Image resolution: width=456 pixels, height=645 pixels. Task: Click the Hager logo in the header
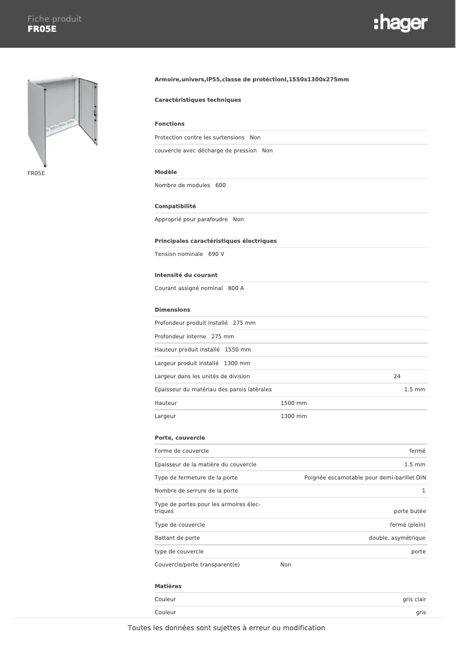click(401, 23)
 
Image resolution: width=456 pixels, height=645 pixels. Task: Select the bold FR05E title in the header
click(42, 29)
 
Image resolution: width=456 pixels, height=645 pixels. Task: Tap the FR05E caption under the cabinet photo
click(36, 173)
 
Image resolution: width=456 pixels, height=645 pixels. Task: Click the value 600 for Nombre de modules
click(221, 185)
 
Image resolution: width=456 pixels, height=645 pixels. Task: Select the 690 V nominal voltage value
click(216, 254)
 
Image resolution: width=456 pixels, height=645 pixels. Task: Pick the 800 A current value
click(235, 288)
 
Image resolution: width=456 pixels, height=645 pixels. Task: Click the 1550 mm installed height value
click(238, 350)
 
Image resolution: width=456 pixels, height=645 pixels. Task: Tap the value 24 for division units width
click(397, 377)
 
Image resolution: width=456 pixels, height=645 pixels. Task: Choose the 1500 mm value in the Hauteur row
click(293, 403)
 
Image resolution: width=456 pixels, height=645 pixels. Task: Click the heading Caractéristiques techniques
click(198, 100)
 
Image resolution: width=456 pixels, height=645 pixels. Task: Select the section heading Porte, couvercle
click(180, 438)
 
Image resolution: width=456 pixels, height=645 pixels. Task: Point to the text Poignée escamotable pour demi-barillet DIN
click(364, 478)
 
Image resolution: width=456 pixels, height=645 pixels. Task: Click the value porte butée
click(409, 511)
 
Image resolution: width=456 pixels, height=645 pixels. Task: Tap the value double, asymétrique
click(397, 538)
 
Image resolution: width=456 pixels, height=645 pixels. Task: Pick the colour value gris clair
click(414, 599)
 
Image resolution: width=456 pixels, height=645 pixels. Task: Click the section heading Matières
click(168, 586)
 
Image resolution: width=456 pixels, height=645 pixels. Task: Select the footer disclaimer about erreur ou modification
click(226, 628)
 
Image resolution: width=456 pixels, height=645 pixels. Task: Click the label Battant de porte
click(177, 538)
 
